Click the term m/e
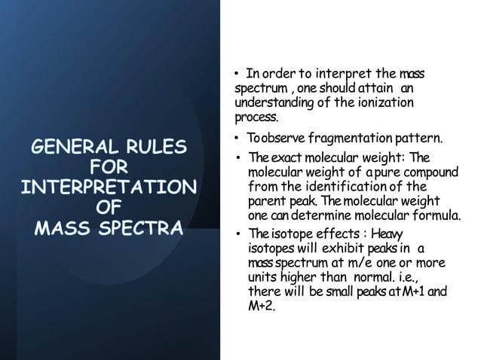pos(366,262)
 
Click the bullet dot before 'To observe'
pos(236,139)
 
